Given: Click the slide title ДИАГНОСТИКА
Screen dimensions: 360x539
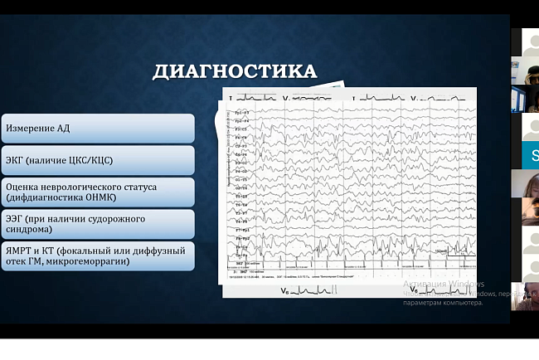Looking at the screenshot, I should click(235, 71).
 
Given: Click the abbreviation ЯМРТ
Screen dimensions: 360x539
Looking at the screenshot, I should click(20, 251).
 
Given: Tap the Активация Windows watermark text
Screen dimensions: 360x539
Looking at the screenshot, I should click(444, 285).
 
